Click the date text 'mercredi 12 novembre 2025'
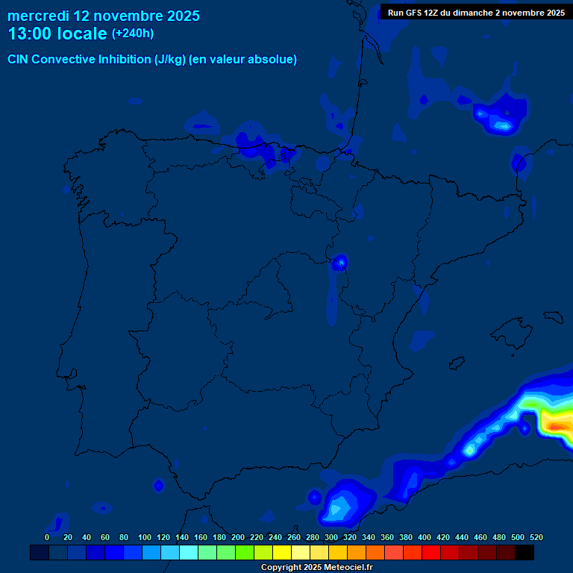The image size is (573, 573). pos(104,16)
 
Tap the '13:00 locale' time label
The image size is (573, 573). pos(57,34)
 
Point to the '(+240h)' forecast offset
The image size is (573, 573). pos(132,34)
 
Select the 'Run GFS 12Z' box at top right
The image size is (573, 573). pos(476,12)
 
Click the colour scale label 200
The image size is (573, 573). pos(237,537)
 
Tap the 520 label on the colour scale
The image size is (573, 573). pos(536,537)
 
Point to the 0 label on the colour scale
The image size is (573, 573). pos(47,537)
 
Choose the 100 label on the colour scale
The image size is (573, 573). pos(145,537)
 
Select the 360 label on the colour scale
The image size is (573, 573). pos(386,537)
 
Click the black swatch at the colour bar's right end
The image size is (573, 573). pos(525,553)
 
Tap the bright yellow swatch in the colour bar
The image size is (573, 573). pos(282,553)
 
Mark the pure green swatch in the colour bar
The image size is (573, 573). pos(245,553)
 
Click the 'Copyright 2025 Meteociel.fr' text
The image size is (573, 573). pos(316,568)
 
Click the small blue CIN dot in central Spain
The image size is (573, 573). pos(341,262)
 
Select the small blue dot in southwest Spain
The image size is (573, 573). pos(158,486)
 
